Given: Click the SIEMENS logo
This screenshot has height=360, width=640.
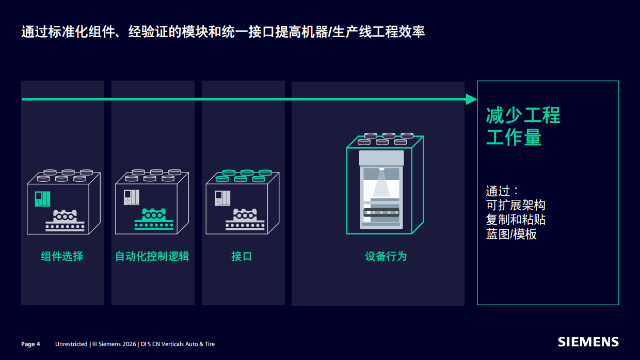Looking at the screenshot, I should (x=588, y=342).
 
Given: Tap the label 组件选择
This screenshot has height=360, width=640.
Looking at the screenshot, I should (x=62, y=256).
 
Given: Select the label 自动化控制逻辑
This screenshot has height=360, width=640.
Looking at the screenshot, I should (x=152, y=256).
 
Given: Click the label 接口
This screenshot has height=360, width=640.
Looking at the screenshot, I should (x=242, y=256).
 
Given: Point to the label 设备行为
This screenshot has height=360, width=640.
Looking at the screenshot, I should (x=386, y=256).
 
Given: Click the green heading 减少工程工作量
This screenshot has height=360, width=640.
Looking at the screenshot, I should (x=522, y=127).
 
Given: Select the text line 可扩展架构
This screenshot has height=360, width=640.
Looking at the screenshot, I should (x=515, y=205).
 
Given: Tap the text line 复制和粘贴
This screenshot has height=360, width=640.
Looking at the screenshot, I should (x=515, y=220).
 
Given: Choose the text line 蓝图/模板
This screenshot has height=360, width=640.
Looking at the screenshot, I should (x=511, y=234).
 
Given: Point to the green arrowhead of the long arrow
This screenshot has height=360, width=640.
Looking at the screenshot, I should (x=471, y=99).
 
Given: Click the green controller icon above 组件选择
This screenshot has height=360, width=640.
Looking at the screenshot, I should (x=42, y=198).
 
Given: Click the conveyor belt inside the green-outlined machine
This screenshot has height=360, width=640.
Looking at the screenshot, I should (x=381, y=212).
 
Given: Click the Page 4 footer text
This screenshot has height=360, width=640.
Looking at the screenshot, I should (x=30, y=344).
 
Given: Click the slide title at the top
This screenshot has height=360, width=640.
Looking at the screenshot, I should (x=223, y=32).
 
